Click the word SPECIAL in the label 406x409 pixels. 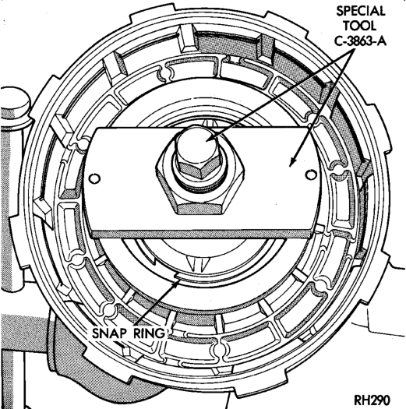(x=361, y=12)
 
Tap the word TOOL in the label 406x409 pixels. (x=359, y=26)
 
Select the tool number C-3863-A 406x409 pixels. (x=360, y=41)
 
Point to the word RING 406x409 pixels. (x=150, y=333)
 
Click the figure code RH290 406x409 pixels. (x=372, y=400)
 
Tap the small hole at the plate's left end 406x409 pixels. (x=94, y=178)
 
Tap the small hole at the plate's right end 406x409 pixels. (x=311, y=175)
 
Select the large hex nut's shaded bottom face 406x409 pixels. (x=200, y=210)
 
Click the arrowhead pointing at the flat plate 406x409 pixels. (x=292, y=162)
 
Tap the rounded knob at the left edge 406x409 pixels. (x=15, y=101)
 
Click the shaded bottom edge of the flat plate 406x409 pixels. (x=201, y=234)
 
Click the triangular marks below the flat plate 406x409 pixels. (x=198, y=263)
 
